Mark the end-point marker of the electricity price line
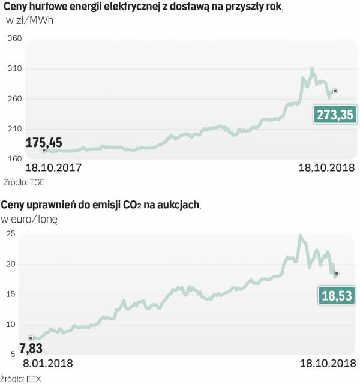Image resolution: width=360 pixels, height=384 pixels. pyautogui.click(x=335, y=91)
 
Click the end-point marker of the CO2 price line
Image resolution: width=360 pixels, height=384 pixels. pyautogui.click(x=337, y=273)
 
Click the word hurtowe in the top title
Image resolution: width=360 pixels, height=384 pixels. pyautogui.click(x=53, y=7)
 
